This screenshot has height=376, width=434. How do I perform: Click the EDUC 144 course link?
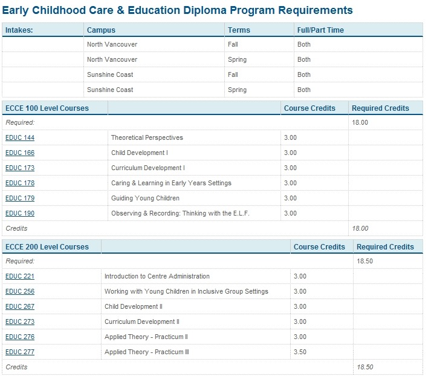[20, 137]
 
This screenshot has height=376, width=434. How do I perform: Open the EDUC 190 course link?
[20, 213]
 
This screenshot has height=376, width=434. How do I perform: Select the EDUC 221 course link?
[20, 276]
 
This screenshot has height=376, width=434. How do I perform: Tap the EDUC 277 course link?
[20, 352]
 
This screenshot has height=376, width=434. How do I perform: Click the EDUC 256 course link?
[20, 291]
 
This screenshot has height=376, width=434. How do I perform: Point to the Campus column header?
[101, 30]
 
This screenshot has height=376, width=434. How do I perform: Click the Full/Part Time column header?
[320, 30]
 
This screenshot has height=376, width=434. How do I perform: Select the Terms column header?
[239, 30]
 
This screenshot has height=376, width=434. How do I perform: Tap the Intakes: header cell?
[19, 30]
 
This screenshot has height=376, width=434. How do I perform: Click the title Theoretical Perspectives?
[147, 137]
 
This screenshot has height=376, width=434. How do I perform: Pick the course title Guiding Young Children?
[145, 198]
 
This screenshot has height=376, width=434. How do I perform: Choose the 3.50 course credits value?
[300, 352]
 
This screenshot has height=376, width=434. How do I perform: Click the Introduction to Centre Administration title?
[157, 276]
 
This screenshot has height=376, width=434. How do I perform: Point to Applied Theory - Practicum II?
[146, 337]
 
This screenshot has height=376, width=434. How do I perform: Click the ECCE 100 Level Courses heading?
[47, 108]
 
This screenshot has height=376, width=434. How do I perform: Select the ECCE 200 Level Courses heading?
[47, 247]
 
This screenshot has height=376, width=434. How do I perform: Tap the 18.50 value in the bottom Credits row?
[365, 367]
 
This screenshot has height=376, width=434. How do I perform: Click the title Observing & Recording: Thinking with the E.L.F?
[180, 213]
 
